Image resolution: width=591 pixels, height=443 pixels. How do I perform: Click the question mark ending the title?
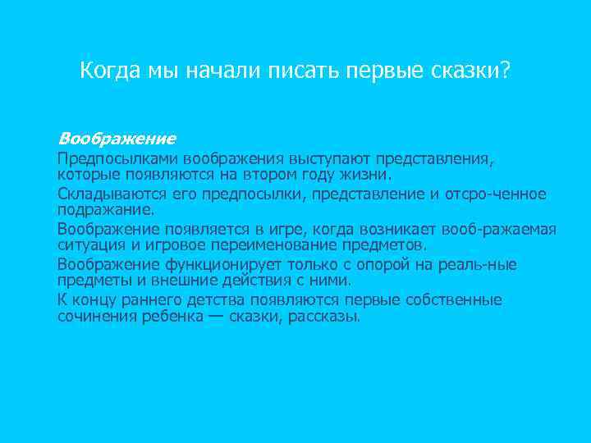[x=504, y=71]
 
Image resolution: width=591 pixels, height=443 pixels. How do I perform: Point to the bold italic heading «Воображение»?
[x=117, y=138]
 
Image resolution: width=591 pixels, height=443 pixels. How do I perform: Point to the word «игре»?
[x=277, y=228]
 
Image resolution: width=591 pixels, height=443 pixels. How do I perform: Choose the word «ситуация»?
[x=88, y=245]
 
